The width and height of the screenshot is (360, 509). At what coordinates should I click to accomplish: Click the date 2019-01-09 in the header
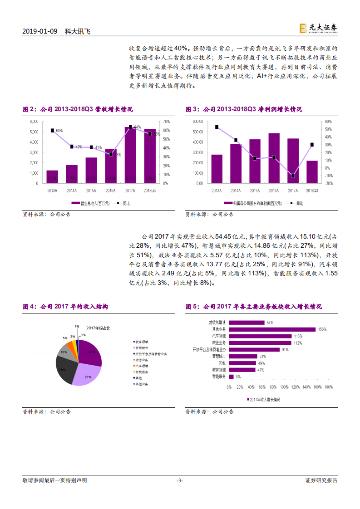click(40, 31)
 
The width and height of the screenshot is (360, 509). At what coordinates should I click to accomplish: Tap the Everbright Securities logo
click(318, 29)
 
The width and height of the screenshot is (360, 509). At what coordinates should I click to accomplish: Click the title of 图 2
click(78, 109)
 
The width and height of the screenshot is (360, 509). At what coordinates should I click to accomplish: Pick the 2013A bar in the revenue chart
click(52, 177)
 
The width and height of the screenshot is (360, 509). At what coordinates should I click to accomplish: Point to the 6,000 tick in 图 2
click(34, 122)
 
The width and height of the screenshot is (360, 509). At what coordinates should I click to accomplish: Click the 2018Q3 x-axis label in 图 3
click(311, 191)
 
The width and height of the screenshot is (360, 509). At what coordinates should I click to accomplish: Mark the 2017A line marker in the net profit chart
click(293, 176)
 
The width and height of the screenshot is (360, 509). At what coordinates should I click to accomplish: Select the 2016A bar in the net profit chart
click(274, 158)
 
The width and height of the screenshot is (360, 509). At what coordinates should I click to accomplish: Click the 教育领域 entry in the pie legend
click(143, 342)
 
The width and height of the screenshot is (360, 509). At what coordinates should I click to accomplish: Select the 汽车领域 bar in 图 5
click(260, 336)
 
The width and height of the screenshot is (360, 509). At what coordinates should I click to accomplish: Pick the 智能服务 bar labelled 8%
click(231, 377)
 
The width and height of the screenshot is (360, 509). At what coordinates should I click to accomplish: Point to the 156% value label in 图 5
click(322, 329)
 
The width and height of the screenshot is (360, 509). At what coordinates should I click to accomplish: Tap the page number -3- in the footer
click(180, 480)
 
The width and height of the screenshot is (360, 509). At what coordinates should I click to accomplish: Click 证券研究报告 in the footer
click(321, 480)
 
